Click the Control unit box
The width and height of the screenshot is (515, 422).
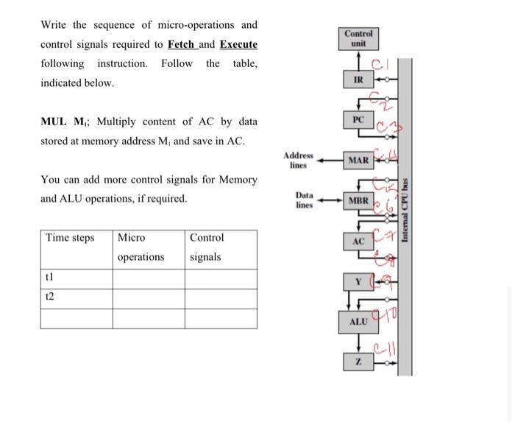point(358,38)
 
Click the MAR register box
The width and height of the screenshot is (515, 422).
point(358,159)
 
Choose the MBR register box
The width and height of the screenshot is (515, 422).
point(358,200)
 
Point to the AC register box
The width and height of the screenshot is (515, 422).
point(358,241)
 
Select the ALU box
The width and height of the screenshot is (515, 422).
point(358,322)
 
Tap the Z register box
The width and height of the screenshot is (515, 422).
point(358,362)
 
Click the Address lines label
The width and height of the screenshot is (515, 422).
point(298,160)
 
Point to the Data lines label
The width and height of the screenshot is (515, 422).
point(304,200)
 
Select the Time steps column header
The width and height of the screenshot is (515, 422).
point(70,238)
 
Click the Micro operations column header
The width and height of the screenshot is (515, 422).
point(141,247)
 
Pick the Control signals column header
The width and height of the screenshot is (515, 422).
point(206,247)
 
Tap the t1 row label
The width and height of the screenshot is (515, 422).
point(50,279)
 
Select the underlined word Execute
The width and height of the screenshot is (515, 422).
point(238,44)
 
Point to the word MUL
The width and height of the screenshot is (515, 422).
point(54,122)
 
